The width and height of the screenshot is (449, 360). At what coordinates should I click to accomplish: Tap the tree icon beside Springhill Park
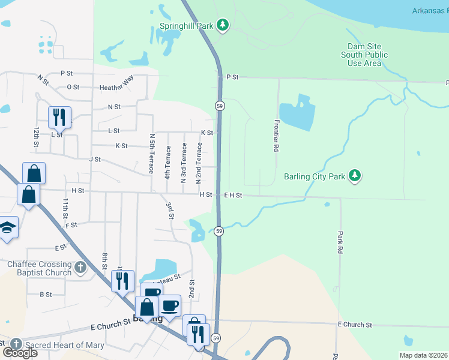223,25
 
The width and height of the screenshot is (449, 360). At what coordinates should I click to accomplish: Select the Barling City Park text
315,177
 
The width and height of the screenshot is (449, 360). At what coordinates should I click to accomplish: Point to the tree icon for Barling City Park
356,175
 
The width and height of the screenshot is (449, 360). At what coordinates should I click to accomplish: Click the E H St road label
233,195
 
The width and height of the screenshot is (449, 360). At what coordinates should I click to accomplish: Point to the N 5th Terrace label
152,154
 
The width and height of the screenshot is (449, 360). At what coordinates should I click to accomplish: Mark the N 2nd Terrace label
199,163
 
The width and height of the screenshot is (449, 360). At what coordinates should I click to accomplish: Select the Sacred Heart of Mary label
65,345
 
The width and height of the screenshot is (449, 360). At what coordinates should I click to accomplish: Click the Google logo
19,352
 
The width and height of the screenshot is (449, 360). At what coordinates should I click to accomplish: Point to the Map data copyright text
423,355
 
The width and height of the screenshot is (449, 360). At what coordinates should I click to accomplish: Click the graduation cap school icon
7,227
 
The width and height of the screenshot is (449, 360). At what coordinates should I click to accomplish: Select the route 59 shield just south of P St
220,105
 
